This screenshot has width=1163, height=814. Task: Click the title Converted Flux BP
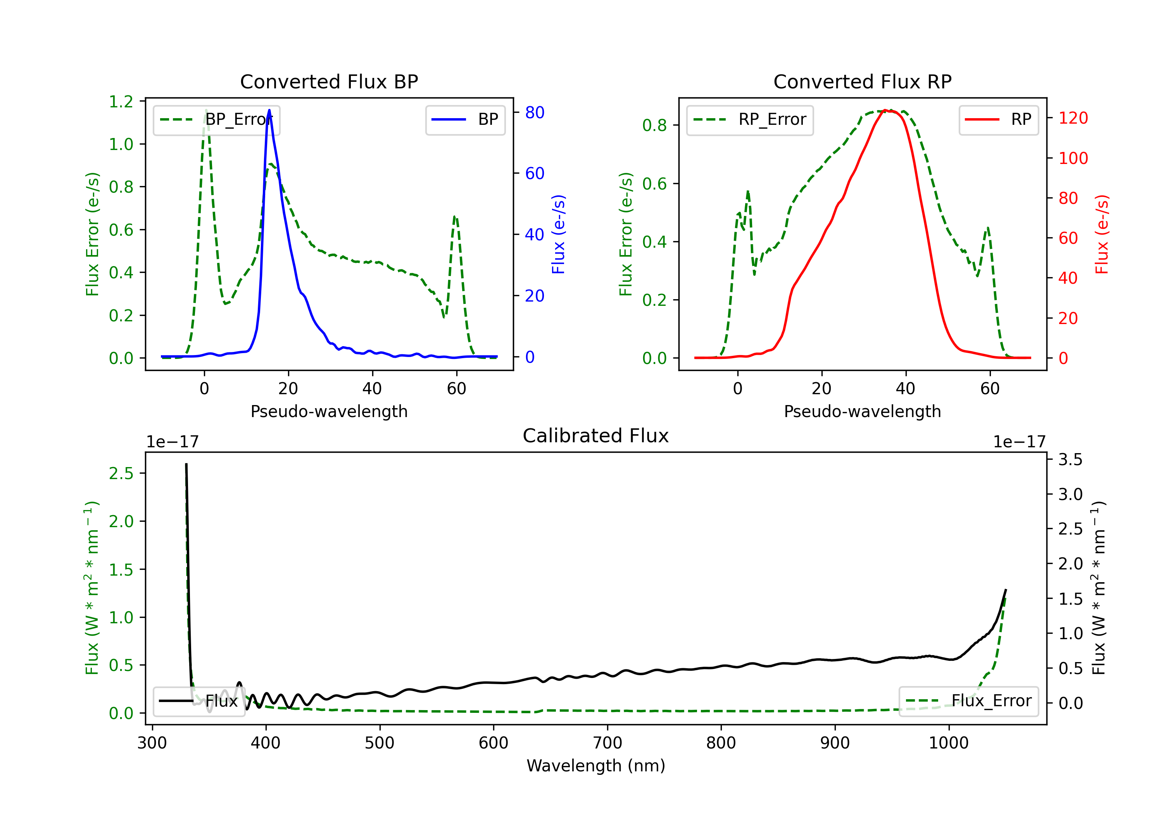pos(329,81)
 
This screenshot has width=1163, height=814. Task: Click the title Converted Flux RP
pos(862,81)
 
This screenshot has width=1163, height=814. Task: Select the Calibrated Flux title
pos(596,436)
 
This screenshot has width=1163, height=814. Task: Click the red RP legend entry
pos(998,119)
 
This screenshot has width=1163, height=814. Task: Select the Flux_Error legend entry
pos(968,701)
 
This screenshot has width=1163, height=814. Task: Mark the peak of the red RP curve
pos(885,110)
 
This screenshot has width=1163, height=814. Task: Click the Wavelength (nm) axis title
pos(596,766)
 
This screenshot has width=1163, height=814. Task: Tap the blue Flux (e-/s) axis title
pos(558,234)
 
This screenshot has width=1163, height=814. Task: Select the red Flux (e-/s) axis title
pos(1102,234)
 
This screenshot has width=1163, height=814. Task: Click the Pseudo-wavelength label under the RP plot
pos(862,412)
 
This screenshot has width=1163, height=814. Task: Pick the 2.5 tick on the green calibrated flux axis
pos(121,474)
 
